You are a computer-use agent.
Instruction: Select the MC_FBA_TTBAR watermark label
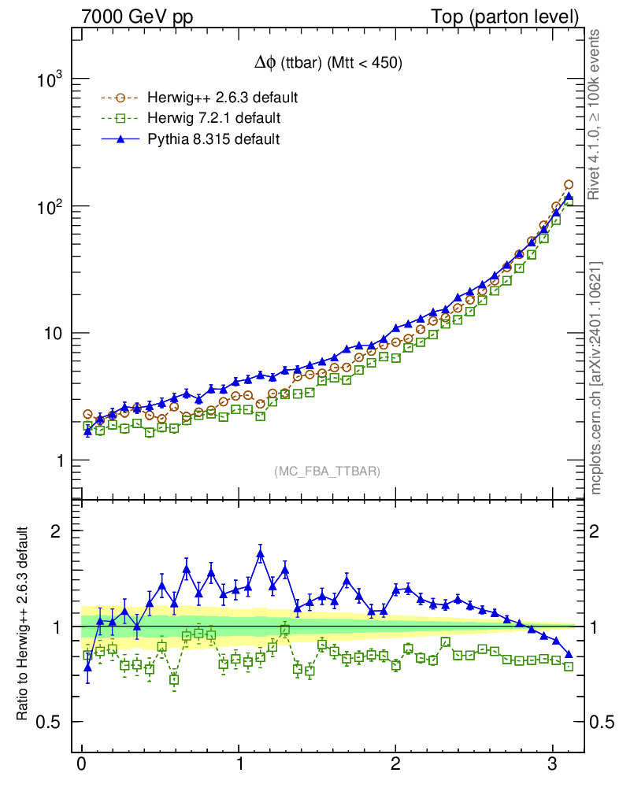tap(327, 471)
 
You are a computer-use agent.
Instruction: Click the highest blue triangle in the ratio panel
tap(260, 554)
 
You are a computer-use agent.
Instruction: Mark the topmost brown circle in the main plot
tap(568, 185)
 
